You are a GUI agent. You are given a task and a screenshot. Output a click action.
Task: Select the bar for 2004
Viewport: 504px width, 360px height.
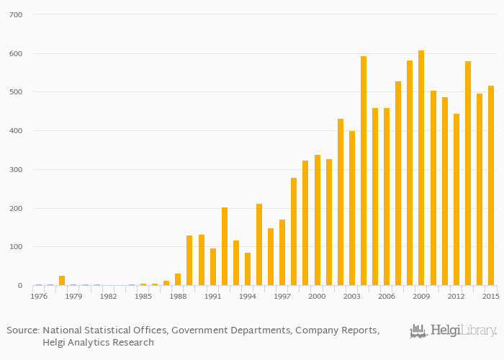(x=364, y=171)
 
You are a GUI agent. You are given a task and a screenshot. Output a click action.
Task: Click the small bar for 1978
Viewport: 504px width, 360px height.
(x=62, y=281)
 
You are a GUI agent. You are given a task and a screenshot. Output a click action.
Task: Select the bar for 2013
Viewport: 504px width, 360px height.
(x=468, y=174)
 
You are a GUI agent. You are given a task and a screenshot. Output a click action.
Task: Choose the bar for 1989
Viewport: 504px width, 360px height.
(x=189, y=261)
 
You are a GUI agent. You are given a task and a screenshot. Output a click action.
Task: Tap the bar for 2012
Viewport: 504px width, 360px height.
(x=456, y=199)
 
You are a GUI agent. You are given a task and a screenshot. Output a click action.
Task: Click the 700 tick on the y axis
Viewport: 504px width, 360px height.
(x=17, y=14)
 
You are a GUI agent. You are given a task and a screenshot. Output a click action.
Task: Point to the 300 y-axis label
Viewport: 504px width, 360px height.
(x=17, y=170)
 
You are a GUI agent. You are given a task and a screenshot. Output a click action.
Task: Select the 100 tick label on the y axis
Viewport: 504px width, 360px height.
(x=17, y=247)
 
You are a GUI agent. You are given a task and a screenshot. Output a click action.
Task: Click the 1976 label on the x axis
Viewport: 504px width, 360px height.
(x=39, y=296)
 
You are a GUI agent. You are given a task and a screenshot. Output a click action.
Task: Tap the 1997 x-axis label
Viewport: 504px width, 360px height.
(x=282, y=296)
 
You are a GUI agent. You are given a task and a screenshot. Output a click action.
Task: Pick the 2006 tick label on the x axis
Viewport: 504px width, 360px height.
(x=387, y=296)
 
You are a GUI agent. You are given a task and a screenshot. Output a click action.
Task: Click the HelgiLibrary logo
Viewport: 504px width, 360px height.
(x=453, y=331)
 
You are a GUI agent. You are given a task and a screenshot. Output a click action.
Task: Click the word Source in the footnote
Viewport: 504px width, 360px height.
(x=22, y=330)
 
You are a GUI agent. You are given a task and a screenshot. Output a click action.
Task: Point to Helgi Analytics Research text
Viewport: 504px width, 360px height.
(x=98, y=343)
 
